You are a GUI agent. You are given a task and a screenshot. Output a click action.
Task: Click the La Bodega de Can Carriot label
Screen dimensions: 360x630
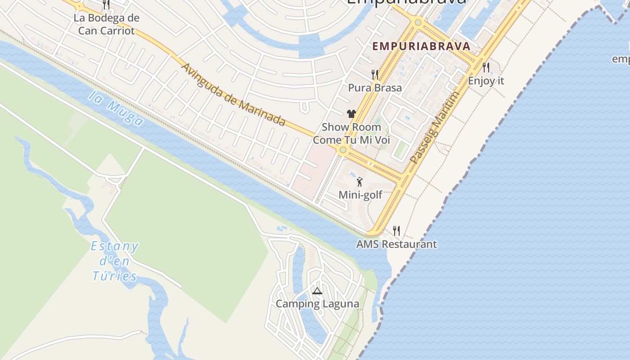coord(107,24)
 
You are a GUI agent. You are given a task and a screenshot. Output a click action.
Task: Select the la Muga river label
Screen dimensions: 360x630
coord(116,108)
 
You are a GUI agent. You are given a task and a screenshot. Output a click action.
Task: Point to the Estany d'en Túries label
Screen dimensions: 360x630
coord(115,261)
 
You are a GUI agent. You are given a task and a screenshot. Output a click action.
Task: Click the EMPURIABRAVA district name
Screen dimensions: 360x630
coord(421,46)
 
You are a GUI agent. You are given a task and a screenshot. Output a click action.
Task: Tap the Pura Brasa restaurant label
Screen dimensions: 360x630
coord(375,88)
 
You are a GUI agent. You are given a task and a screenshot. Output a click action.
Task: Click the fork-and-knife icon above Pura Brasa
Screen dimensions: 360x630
coord(374,74)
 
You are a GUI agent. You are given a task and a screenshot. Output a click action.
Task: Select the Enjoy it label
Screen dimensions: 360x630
coord(486,81)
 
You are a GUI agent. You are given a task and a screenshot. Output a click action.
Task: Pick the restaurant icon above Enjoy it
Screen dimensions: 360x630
coord(486,67)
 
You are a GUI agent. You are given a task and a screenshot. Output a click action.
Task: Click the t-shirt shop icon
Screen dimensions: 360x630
coord(351,114)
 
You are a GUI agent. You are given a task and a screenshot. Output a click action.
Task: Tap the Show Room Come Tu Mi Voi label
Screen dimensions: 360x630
coord(351,133)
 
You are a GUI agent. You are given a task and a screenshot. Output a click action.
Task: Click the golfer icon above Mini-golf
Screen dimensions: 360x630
coord(360,182)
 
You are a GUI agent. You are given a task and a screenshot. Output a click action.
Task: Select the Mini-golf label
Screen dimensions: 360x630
coord(360,195)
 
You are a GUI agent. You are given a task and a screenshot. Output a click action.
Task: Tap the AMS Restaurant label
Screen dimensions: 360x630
coord(396,244)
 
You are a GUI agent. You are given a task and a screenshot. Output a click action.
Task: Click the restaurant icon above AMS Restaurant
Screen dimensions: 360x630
coord(396,231)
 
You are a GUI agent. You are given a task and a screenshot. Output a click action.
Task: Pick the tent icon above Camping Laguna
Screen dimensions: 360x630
coord(317,291)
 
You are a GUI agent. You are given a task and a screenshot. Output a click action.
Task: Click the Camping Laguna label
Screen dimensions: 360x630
coord(317,304)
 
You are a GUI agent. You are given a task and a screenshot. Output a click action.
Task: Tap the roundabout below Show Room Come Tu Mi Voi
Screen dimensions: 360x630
coord(343,150)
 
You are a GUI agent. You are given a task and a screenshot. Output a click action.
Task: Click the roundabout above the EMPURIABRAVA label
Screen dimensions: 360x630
coord(418,22)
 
